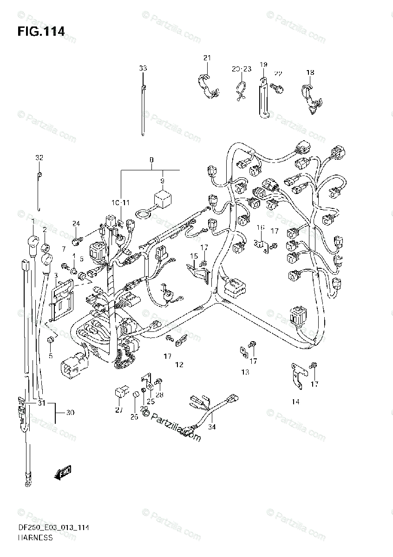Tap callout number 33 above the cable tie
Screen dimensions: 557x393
coord(143,68)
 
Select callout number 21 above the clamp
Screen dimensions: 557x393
coord(207,58)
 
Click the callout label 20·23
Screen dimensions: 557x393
coord(242,69)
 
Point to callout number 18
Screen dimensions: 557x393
coord(310,72)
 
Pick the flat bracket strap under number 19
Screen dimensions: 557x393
coord(262,100)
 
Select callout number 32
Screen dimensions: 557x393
coord(39,158)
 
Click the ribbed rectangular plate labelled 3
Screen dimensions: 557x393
coord(62,302)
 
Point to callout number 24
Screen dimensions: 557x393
coord(76,224)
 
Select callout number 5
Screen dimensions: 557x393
coord(51,356)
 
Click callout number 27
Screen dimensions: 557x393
coord(119,410)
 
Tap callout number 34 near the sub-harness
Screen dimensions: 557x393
coord(212,427)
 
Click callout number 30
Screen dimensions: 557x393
coord(70,412)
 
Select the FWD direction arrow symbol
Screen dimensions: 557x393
coord(62,473)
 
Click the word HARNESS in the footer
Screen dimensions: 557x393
coord(36,538)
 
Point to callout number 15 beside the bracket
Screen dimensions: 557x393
coord(194,256)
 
